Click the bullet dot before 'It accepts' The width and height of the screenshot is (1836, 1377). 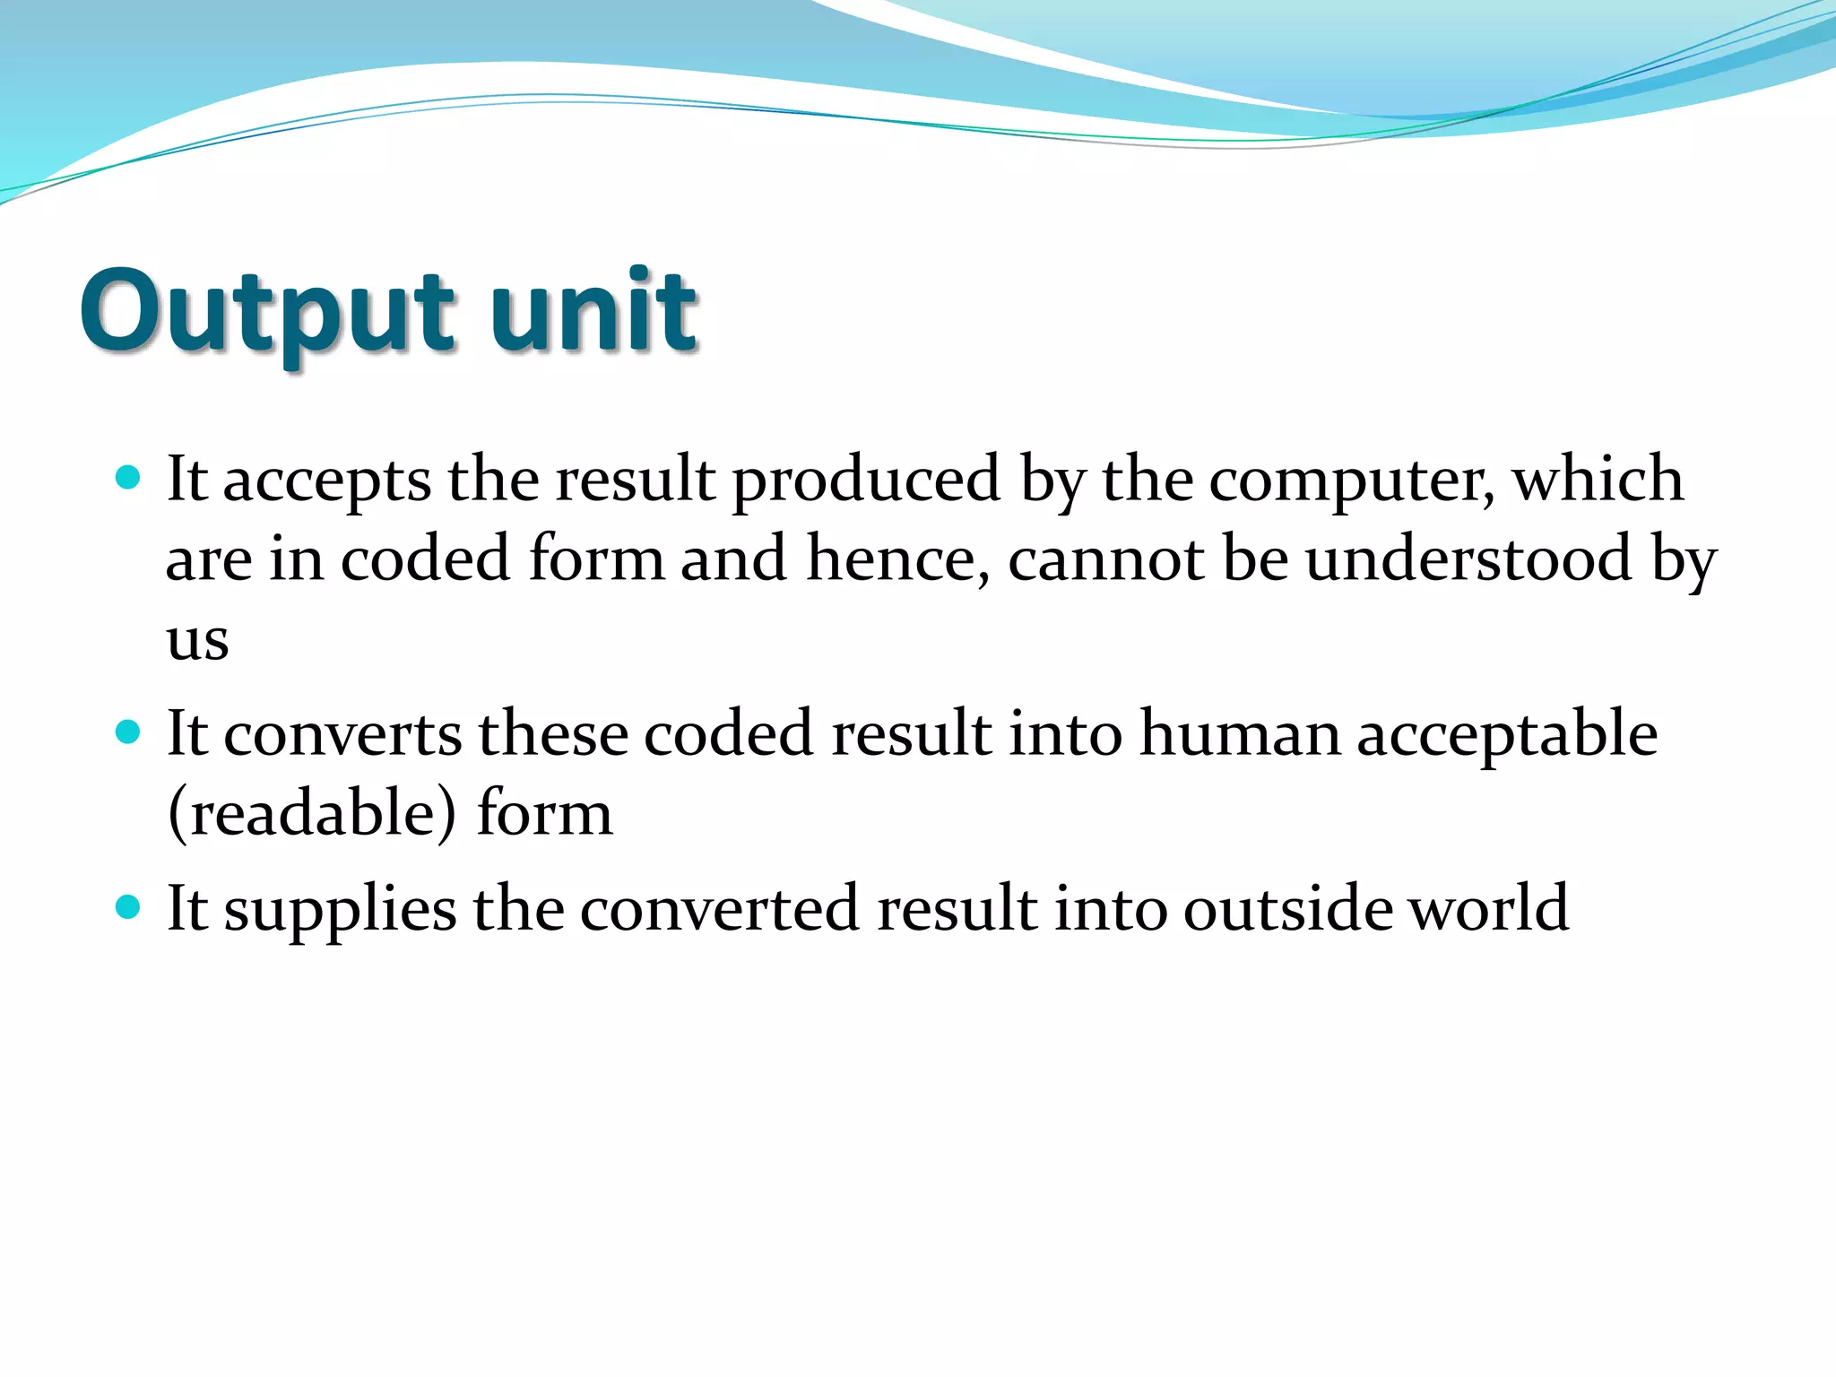click(x=129, y=476)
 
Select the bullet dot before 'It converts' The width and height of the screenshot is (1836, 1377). click(x=129, y=732)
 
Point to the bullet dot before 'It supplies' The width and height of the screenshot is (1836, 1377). click(x=129, y=907)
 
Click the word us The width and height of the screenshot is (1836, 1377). click(x=197, y=640)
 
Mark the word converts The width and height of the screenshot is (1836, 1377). click(x=342, y=733)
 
